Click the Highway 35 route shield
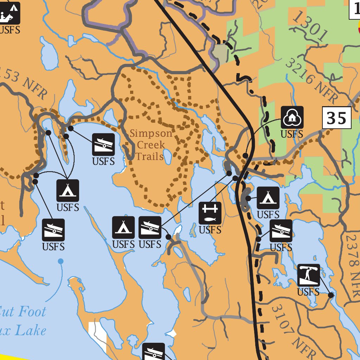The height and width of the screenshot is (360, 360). coord(337,118)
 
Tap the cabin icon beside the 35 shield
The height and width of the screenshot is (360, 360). coord(292,117)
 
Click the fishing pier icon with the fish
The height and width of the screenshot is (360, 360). coord(210,213)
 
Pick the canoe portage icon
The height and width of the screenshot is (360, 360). coord(309,275)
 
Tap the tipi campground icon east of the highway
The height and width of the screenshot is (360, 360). coord(268,198)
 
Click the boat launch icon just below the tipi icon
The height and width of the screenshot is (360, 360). coord(281,231)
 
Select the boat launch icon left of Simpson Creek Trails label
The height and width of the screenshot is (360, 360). coord(103,144)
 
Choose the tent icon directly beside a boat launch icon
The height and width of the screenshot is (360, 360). coord(123,227)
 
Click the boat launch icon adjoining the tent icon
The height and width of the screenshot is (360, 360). coord(150,227)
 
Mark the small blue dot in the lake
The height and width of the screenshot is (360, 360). coord(61,261)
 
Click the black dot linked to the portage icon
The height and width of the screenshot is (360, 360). coord(331,295)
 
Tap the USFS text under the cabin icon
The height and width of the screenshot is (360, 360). coord(292,134)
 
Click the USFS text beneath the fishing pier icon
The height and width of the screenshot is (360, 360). coord(210,230)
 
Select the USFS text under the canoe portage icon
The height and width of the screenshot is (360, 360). coord(308,292)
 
